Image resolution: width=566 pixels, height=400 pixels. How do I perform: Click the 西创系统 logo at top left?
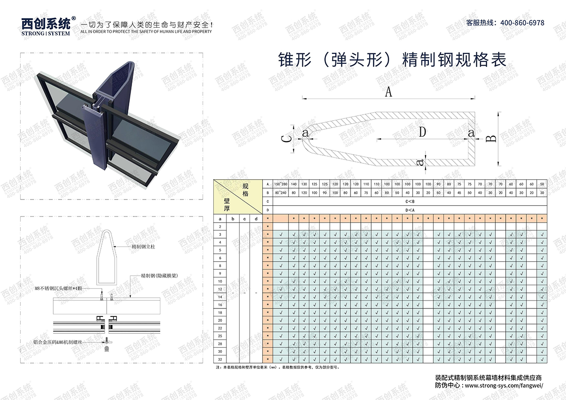pyautogui.click(x=46, y=24)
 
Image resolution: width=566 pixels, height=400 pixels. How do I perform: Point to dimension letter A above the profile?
pyautogui.click(x=388, y=92)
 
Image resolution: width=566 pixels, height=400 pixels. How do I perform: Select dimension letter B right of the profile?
pyautogui.click(x=491, y=138)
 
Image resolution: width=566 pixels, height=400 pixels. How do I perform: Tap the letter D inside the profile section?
pyautogui.click(x=422, y=133)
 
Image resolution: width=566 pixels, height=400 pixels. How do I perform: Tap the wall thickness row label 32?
pyautogui.click(x=220, y=359)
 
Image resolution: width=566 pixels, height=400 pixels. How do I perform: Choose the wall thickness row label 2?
pyautogui.click(x=220, y=226)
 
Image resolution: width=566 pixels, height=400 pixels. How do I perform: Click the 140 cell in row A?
pyautogui.click(x=293, y=183)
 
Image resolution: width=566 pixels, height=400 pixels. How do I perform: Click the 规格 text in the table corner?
pyautogui.click(x=245, y=190)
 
